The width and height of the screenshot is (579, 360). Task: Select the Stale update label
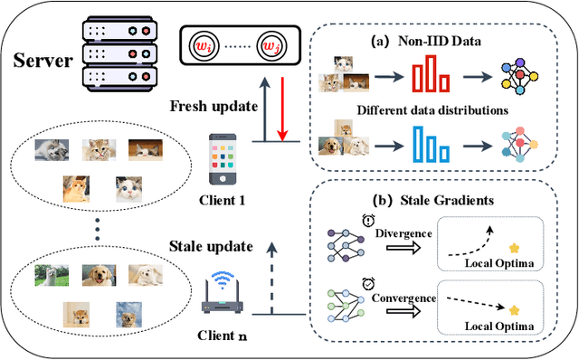point(210,243)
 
